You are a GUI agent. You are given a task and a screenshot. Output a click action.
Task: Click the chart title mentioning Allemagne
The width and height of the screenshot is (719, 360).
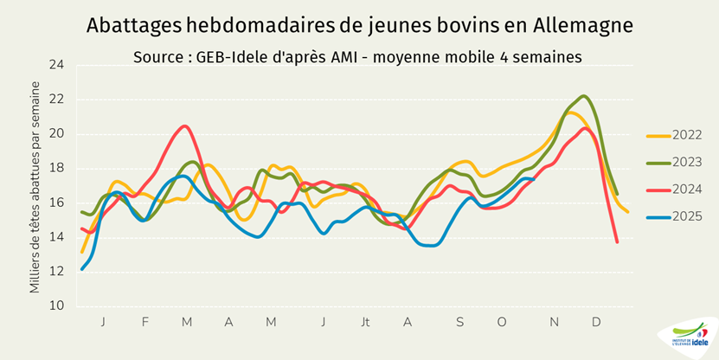(x=359, y=26)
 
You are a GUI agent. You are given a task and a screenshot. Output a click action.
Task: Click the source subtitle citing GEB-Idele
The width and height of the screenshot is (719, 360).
(x=357, y=56)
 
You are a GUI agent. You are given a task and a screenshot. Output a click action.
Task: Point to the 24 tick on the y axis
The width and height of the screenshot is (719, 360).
(x=57, y=65)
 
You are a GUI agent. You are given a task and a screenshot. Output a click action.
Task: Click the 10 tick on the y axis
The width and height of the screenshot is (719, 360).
(x=57, y=305)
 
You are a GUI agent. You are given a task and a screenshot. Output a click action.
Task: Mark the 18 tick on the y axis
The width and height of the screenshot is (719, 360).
(x=57, y=168)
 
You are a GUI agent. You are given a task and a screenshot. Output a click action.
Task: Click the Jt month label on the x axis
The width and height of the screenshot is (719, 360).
(x=366, y=322)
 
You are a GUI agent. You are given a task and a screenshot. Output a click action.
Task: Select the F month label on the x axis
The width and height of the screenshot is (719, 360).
(x=145, y=322)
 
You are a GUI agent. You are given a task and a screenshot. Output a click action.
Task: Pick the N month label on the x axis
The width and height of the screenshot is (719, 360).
(x=554, y=322)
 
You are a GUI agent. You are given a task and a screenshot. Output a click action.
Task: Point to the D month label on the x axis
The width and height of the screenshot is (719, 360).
(x=596, y=322)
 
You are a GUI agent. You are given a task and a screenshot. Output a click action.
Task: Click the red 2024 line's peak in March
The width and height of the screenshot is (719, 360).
(x=183, y=126)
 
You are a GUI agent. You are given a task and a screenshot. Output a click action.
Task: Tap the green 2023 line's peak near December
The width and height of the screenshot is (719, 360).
(x=584, y=96)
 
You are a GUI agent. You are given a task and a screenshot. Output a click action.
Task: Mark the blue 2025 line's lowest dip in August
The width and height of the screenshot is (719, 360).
(x=431, y=245)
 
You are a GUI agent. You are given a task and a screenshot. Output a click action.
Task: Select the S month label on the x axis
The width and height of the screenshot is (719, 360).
(x=460, y=322)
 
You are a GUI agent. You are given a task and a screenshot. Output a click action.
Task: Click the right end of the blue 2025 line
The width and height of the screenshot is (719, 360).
(x=533, y=178)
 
